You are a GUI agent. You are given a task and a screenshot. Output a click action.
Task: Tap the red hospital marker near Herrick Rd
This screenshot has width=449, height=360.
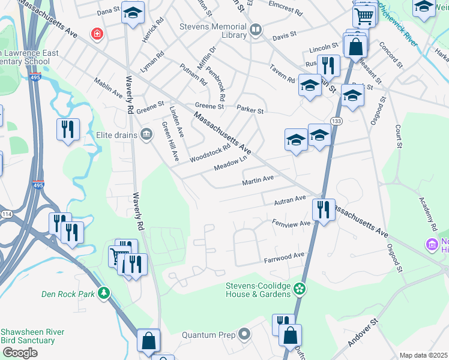(96, 34)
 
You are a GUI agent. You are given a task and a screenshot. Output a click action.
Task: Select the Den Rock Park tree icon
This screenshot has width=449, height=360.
(104, 293)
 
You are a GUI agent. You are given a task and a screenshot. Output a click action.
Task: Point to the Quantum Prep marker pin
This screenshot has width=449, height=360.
(244, 334)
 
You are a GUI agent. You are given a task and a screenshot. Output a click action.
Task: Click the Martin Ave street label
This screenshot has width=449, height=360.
(258, 179)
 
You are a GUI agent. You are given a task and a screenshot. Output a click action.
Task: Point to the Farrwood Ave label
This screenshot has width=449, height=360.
(285, 257)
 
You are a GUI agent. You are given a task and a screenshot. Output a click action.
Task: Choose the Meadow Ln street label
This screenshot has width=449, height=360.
(231, 164)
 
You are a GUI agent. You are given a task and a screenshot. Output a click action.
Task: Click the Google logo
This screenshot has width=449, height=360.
(20, 352)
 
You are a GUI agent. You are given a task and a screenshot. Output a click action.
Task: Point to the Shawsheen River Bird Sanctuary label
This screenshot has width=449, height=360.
(28, 336)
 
